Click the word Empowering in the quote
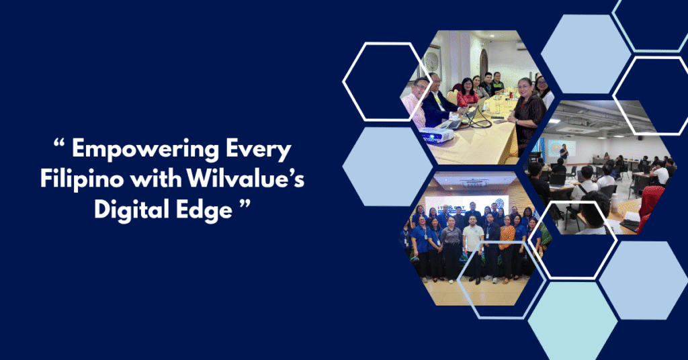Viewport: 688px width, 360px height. point(145,150)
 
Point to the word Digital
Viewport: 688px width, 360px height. point(132,209)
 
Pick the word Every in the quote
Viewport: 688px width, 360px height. point(259,150)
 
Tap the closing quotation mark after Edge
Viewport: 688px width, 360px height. point(245,204)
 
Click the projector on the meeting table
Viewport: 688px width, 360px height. point(436,136)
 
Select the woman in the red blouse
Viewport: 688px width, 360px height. point(467,92)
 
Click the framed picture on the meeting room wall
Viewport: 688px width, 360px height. point(433,60)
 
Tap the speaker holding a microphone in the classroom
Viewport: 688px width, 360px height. point(564,154)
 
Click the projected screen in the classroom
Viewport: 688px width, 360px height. point(562,149)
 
